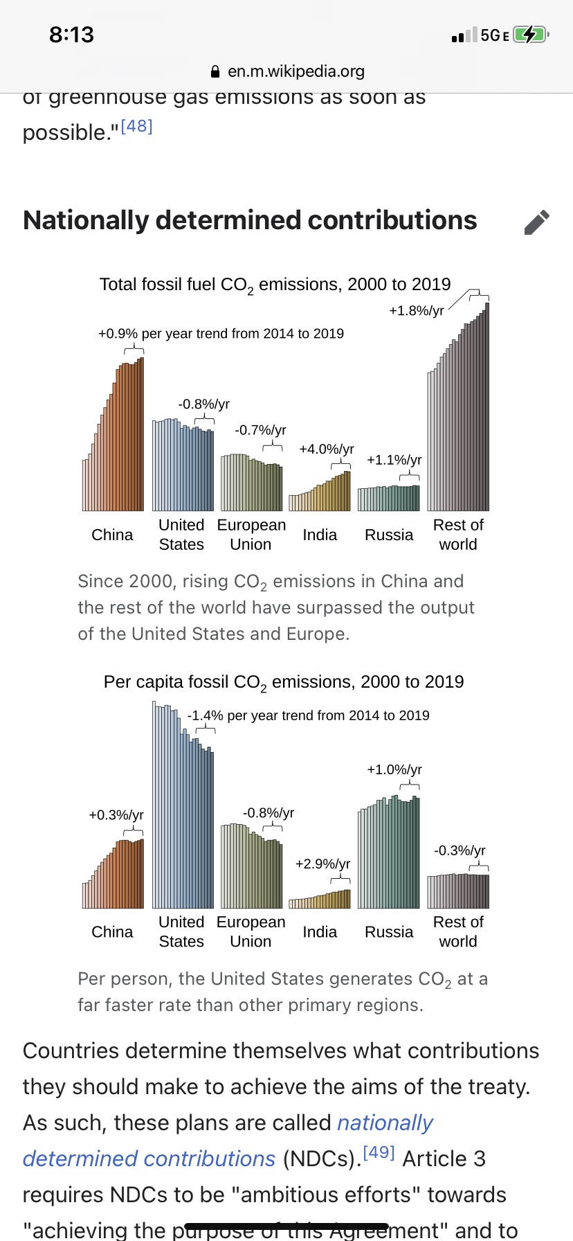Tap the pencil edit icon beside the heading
537,222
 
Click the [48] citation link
136,127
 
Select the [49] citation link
379,1152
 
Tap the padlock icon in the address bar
215,71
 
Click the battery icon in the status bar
531,35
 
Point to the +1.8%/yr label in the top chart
416,311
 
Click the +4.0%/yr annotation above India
326,449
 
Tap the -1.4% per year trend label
308,715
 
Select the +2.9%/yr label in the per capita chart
322,864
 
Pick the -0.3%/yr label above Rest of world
460,850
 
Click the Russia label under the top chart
389,535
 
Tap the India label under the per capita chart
320,932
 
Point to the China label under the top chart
112,535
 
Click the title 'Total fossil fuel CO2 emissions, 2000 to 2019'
275,285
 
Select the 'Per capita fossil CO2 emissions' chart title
283,682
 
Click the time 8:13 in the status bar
71,35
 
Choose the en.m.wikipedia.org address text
296,71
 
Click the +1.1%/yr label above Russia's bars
394,460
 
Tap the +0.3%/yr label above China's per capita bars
116,815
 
